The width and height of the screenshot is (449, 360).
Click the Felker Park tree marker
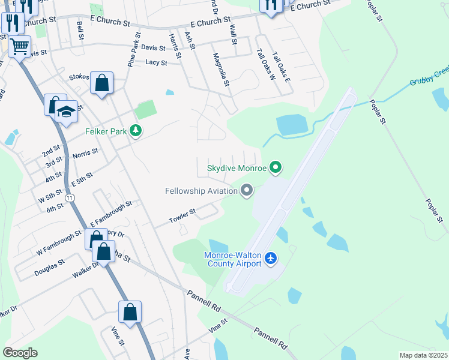point(136,130)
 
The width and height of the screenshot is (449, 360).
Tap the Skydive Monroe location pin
point(276,167)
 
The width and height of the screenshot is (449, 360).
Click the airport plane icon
point(271,258)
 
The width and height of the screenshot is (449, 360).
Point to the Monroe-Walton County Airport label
point(233,259)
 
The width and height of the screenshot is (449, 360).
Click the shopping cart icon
point(19,46)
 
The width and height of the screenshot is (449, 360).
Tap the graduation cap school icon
point(66,112)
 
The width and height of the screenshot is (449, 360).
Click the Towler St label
point(182,214)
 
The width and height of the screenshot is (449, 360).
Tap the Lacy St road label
point(156,62)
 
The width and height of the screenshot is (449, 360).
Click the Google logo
point(20,353)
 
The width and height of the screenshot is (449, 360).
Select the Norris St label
point(85,154)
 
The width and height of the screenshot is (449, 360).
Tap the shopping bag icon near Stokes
point(101,83)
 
